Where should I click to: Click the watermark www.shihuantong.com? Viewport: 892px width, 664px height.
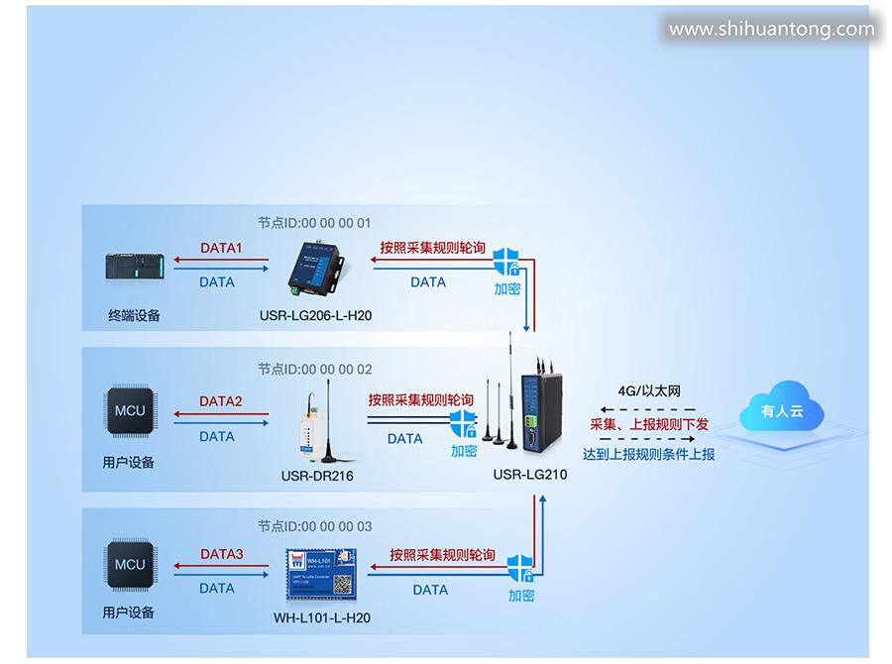[x=771, y=30]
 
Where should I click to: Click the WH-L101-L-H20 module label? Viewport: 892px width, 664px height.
[x=321, y=619]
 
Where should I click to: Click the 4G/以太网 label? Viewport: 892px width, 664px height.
[x=649, y=391]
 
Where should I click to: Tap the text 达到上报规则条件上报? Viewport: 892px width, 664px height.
[x=649, y=455]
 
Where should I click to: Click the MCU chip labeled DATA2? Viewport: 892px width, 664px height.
[x=130, y=411]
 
